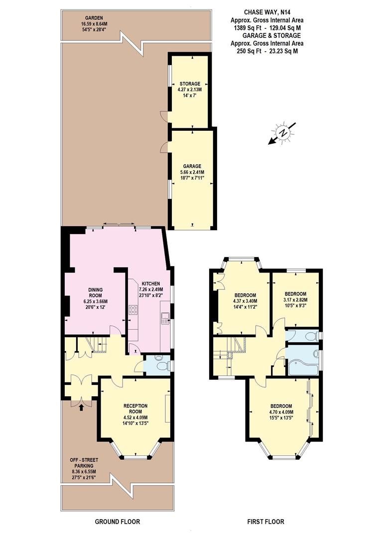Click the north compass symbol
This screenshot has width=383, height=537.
(x=283, y=133)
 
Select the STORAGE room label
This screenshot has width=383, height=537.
(x=190, y=84)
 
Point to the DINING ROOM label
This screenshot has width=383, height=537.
(x=95, y=292)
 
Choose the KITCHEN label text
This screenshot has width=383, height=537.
(x=149, y=283)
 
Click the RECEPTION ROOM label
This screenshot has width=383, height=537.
(x=135, y=408)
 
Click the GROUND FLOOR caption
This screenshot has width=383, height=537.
(x=118, y=522)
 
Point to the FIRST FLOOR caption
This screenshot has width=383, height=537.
(x=266, y=522)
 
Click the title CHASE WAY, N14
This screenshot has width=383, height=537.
(x=266, y=11)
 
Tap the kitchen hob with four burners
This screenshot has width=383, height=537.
(x=133, y=311)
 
